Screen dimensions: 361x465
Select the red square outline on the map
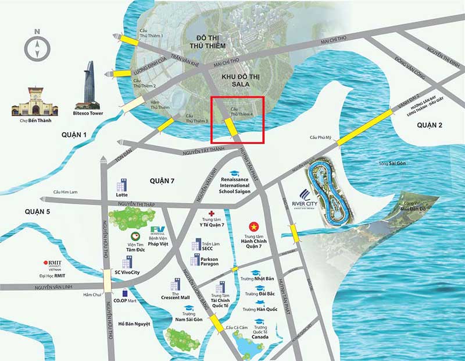point(238,119)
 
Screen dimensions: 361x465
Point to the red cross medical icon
point(212,214)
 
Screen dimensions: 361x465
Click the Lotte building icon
point(121,186)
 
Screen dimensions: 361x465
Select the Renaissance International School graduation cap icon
point(233,174)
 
